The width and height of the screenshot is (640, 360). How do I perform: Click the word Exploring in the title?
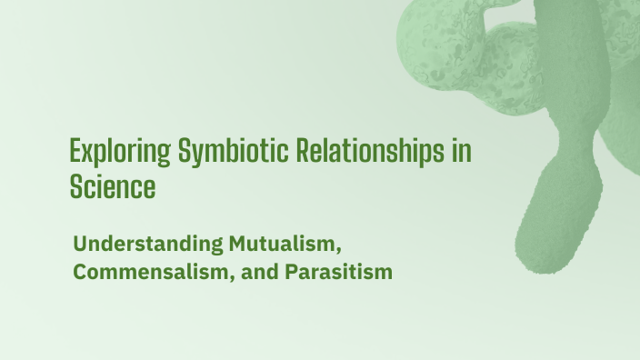(107, 152)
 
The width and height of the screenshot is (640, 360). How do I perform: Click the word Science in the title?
(113, 188)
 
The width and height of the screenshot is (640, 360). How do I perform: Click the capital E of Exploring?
(75, 150)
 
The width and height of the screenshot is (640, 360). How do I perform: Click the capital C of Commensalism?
(79, 272)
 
